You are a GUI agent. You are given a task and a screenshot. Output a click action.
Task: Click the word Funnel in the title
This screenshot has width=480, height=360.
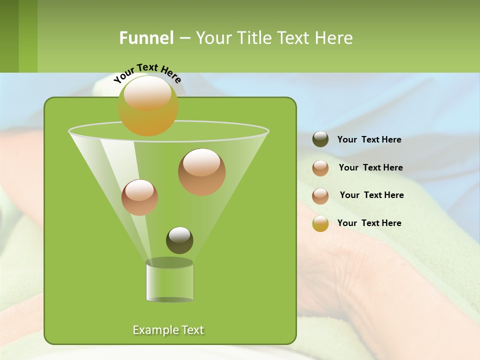(146, 38)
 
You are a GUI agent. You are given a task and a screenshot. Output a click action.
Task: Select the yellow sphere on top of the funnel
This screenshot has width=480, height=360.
(148, 106)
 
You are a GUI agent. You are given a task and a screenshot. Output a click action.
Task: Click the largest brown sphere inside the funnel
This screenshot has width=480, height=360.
(202, 172)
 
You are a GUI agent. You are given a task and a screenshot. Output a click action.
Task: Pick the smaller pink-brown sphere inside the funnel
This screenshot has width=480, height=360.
(139, 197)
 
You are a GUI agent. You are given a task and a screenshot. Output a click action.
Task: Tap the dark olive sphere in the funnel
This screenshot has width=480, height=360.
(179, 240)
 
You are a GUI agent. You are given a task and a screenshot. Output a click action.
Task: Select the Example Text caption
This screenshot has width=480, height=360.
(168, 330)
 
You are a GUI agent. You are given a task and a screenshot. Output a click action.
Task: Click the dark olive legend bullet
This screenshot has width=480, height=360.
(320, 139)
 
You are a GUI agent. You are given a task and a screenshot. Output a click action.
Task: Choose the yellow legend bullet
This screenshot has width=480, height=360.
(320, 223)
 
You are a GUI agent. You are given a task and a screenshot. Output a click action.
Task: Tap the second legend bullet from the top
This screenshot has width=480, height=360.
(320, 168)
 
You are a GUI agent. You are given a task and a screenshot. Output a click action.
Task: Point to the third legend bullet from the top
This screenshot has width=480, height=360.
(320, 196)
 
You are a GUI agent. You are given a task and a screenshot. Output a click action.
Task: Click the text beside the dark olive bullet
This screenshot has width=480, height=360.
(369, 139)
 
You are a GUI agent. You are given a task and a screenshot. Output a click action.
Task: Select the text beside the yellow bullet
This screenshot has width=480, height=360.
(369, 223)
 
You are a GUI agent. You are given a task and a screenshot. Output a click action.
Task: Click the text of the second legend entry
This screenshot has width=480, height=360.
(370, 167)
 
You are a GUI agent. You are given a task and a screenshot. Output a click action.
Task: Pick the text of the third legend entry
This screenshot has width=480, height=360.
(371, 195)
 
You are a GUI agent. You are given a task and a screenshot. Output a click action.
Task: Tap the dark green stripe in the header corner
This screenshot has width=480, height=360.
(9, 36)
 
